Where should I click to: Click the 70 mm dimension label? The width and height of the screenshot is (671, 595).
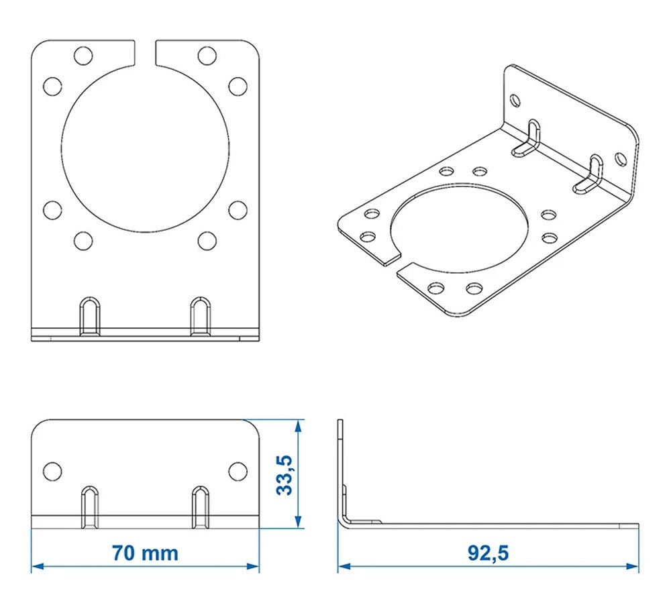(145, 553)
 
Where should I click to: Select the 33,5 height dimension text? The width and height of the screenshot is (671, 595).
(285, 475)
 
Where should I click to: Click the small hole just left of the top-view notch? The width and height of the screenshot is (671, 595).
(83, 55)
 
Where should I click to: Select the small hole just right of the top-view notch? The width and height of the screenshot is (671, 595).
(207, 55)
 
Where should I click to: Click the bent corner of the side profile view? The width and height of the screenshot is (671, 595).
(344, 521)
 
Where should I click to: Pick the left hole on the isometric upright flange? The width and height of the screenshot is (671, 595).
(515, 101)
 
